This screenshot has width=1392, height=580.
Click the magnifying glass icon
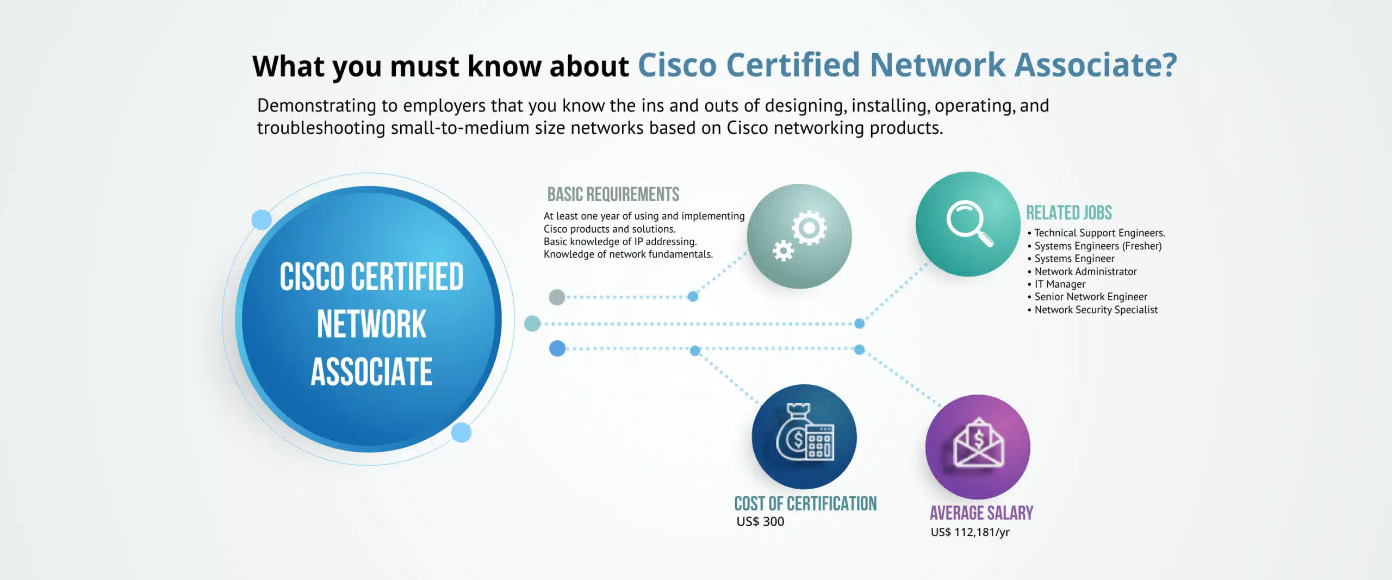click(970, 223)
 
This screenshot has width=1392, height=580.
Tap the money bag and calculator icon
click(804, 432)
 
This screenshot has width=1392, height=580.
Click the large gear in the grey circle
click(809, 227)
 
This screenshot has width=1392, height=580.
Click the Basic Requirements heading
click(613, 194)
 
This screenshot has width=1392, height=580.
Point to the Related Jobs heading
click(1069, 213)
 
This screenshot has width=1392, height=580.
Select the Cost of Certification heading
click(805, 504)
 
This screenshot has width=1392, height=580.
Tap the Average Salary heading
click(981, 513)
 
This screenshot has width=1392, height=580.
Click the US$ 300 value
click(760, 522)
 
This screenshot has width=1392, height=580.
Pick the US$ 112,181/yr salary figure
click(970, 532)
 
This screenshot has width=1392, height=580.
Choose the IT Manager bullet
click(1057, 284)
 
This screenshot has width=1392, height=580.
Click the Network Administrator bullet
click(1082, 271)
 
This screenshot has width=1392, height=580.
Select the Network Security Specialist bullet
click(1092, 310)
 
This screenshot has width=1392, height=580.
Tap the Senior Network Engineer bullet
click(1087, 297)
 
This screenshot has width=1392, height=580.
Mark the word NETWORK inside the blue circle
click(371, 325)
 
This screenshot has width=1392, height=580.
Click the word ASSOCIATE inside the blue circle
click(371, 372)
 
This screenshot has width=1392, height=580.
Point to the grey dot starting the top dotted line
click(557, 297)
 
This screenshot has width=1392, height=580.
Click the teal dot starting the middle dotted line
click(532, 323)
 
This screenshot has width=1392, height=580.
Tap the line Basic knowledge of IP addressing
click(620, 242)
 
